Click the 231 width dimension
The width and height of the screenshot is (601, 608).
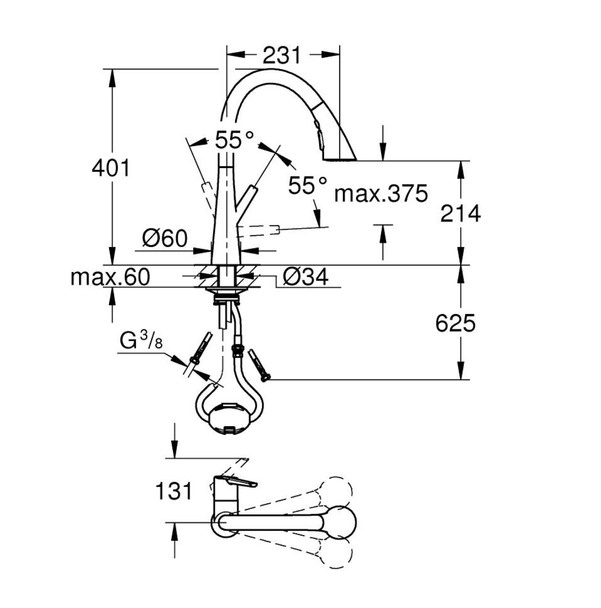coord(281,55)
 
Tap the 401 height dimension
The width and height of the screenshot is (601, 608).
coord(111,168)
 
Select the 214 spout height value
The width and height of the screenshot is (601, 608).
coord(461,213)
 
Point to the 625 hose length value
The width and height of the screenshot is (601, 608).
coord(455,323)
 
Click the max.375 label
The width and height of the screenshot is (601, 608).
coord(381,194)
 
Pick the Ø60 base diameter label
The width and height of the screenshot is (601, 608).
coord(165,238)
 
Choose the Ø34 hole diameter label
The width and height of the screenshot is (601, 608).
coord(306,277)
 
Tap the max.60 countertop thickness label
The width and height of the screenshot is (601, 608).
coord(110,277)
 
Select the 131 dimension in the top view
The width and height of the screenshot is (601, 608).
coord(173,491)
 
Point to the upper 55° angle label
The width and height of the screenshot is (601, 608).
coord(235,139)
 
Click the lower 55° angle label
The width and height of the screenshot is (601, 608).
coord(308,185)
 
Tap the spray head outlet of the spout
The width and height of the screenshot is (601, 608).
coord(339,158)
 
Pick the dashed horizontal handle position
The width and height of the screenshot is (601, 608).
coord(257,230)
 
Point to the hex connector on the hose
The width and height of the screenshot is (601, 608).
coord(237,350)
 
